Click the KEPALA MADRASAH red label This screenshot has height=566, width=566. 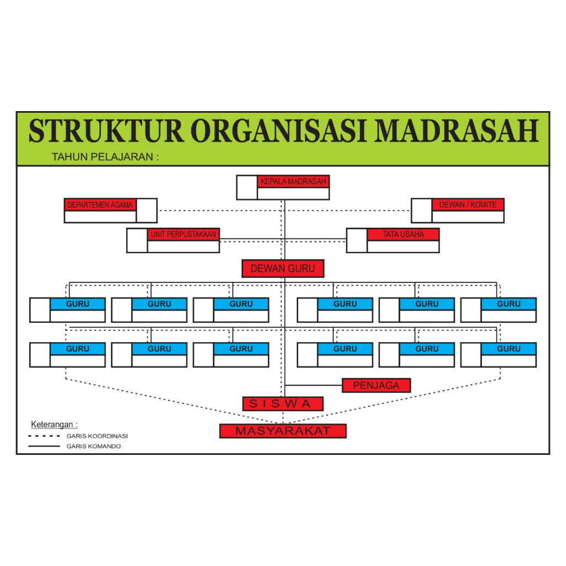coord(293,181)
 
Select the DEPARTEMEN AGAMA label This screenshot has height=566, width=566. coord(100,205)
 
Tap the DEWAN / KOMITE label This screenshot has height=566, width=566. coord(468,205)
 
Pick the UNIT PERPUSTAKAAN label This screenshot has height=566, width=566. coord(184,234)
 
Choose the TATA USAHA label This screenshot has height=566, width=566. coord(403,234)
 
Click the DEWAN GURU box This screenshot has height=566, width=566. coord(283,269)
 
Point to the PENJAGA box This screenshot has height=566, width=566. coord(376,385)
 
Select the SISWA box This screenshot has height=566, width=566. coord(283,403)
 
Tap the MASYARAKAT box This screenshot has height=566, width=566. coord(283,431)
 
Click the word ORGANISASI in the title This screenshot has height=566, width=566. coord(279,130)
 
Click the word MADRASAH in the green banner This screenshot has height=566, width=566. coord(457,130)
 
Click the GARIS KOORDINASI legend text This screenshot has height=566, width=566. coord(97,436)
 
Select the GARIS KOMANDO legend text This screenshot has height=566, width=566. coord(93,446)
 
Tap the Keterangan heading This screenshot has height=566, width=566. coord(54,424)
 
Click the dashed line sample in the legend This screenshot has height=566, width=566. coord(44,436)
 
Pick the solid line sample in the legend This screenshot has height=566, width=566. coord(44,447)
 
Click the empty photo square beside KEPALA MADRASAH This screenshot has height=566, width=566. coord(247,187)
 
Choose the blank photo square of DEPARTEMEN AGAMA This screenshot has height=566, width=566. coord(146,211)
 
